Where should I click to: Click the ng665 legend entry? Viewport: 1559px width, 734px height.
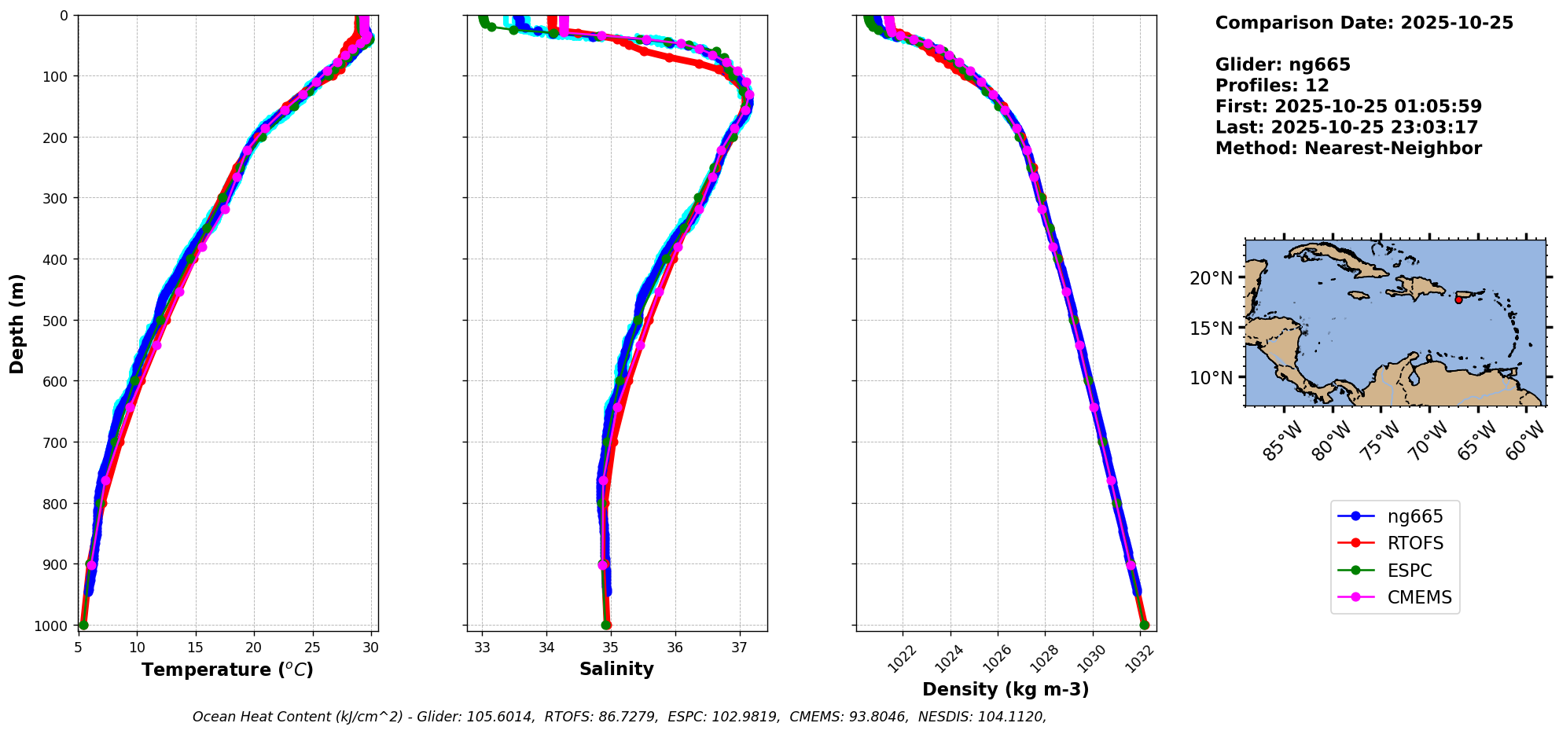1414,516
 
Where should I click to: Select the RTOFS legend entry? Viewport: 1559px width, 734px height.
1414,544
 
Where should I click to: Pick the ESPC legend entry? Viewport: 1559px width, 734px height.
1409,571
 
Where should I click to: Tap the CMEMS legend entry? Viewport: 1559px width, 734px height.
1418,597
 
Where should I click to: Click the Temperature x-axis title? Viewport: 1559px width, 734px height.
227,670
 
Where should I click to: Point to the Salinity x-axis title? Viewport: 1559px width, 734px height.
616,670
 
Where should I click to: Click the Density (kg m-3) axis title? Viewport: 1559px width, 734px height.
1006,689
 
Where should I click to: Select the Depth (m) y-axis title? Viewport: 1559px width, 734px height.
17,323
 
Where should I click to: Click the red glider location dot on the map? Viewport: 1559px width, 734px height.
1458,299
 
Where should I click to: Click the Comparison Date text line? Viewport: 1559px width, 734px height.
1364,23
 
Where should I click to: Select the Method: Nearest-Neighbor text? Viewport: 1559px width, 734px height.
1348,149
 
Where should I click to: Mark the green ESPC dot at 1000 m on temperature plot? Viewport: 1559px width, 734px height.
83,625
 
